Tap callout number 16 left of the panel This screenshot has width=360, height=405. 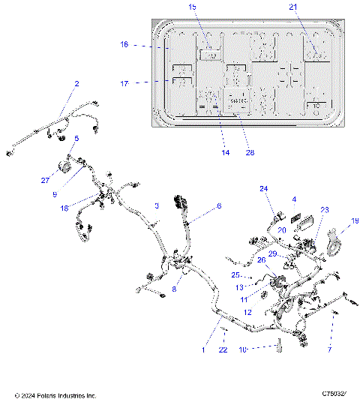pos(124,45)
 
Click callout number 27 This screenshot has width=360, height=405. pos(44,179)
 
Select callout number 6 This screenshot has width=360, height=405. pos(219,205)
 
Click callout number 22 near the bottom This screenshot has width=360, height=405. pos(223,350)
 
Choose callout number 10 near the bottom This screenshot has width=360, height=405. pos(243,349)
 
